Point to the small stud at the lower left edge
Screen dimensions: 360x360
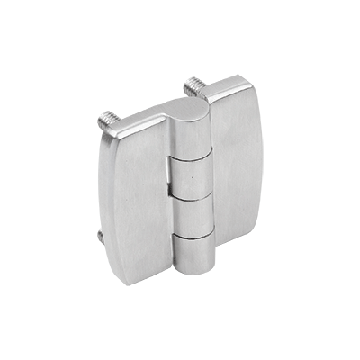(100, 238)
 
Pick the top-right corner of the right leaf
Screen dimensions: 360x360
(249, 85)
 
